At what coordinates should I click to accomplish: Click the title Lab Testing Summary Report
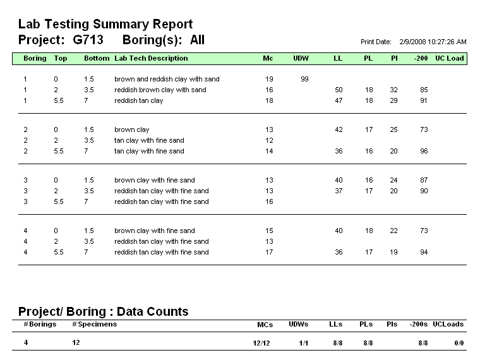105,25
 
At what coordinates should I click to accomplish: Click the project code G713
88,40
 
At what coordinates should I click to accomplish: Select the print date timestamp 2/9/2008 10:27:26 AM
433,42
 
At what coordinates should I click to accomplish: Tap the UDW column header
301,59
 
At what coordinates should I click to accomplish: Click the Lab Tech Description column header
151,59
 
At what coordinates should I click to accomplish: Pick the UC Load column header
449,59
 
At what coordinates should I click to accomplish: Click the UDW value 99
304,80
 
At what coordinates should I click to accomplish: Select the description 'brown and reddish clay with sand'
167,80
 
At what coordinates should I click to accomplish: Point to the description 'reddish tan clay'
138,100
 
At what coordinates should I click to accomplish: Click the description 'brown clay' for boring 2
131,129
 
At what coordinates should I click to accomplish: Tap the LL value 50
339,90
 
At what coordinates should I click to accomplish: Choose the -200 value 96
424,151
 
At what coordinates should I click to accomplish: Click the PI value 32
394,90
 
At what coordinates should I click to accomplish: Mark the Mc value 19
269,80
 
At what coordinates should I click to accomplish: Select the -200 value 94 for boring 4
424,252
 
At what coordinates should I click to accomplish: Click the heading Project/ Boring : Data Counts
103,311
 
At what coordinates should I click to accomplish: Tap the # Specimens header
94,324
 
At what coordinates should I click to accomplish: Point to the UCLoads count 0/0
459,343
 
